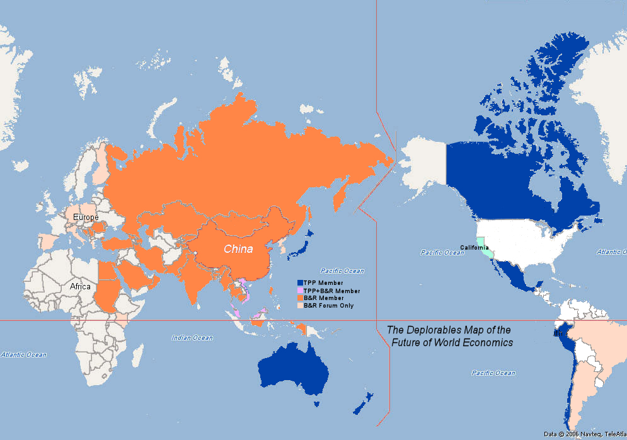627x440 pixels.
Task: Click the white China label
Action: [238, 249]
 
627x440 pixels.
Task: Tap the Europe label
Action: [86, 217]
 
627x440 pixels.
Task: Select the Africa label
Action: [80, 286]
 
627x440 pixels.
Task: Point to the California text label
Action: [474, 247]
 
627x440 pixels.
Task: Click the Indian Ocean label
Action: [192, 338]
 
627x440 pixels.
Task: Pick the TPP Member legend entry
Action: [323, 282]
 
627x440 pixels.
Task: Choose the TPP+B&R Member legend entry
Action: [331, 291]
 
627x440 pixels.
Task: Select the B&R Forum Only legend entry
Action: [328, 306]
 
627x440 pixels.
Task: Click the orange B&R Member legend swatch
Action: [301, 298]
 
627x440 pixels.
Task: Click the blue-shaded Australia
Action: [293, 372]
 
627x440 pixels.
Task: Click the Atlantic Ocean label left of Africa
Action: [23, 354]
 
